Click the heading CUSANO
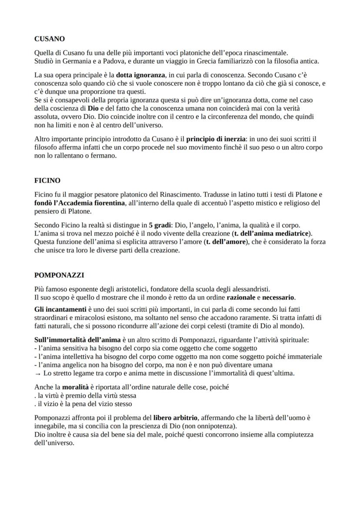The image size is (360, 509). (50, 39)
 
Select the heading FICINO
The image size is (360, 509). (47, 180)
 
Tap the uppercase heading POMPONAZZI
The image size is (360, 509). (59, 275)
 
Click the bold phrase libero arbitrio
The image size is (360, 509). (176, 418)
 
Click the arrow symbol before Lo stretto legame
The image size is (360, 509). (37, 373)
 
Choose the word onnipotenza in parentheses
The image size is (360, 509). (216, 426)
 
